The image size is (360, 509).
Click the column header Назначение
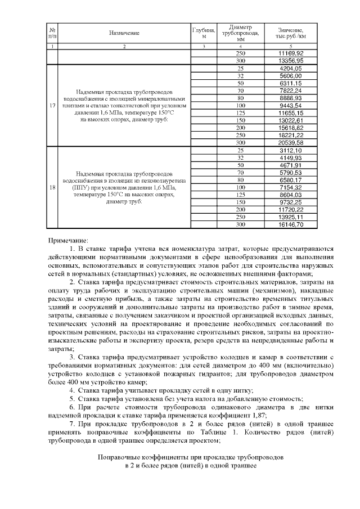124,33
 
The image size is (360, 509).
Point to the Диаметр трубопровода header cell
241,33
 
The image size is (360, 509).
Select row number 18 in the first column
52,187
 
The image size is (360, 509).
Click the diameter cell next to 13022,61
241,120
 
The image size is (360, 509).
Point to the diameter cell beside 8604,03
241,195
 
